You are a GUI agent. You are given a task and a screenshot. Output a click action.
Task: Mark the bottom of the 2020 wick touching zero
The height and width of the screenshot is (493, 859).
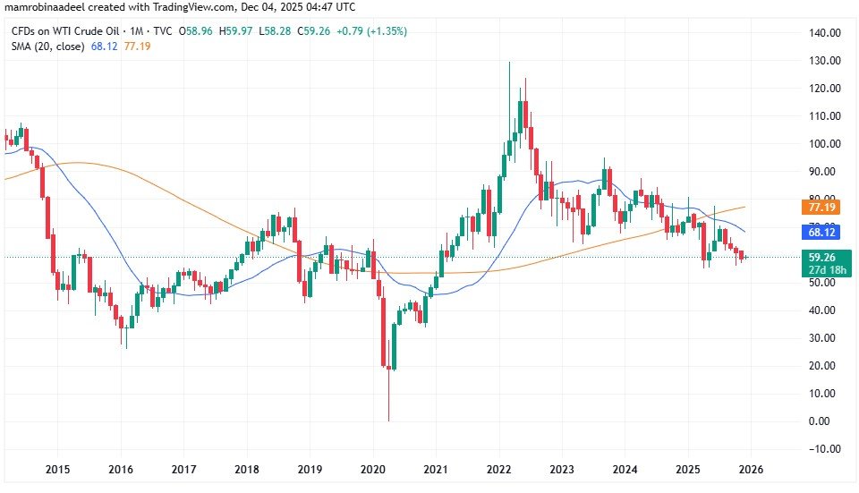[389, 421]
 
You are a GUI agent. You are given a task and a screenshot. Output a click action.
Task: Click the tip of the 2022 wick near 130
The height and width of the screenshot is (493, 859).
[509, 62]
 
